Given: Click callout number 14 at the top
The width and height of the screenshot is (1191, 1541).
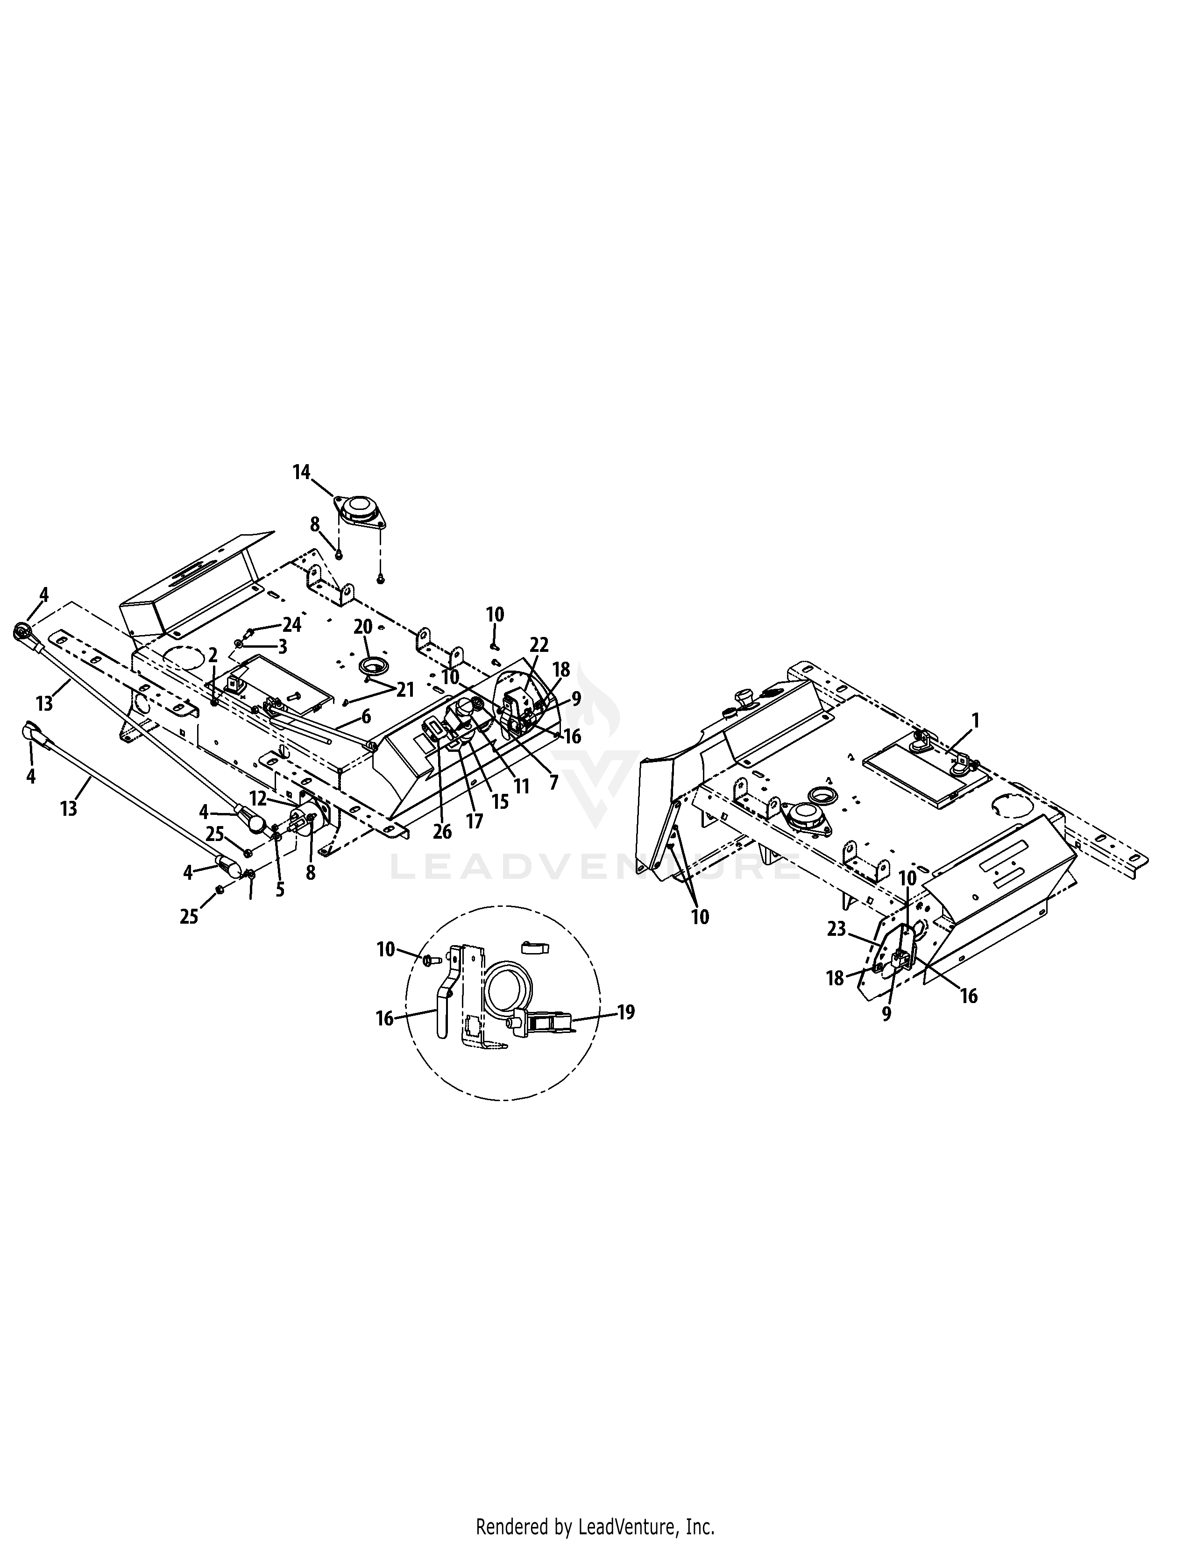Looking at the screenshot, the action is pyautogui.click(x=302, y=472).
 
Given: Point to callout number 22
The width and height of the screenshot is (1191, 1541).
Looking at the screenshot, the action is pyautogui.click(x=539, y=645).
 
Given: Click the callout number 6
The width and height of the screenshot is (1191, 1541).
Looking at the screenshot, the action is pyautogui.click(x=366, y=716).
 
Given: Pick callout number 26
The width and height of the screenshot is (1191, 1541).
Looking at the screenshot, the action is pyautogui.click(x=442, y=832).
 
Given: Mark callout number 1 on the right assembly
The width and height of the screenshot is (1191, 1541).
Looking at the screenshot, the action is pyautogui.click(x=975, y=721).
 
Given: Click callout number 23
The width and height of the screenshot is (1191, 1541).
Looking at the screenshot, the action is pyautogui.click(x=837, y=929).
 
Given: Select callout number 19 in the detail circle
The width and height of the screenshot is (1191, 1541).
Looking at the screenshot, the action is pyautogui.click(x=625, y=1012).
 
